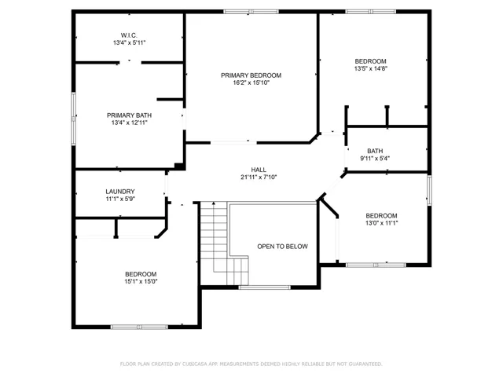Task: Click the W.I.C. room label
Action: coord(129,35)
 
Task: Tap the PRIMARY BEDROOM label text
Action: coord(251,75)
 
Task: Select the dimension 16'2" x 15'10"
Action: coord(251,82)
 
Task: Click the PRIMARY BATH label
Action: coord(129,115)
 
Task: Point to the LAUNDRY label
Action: coord(120,192)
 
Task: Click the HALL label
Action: coord(259,170)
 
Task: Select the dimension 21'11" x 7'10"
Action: coord(259,177)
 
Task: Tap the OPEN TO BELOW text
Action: coord(283,246)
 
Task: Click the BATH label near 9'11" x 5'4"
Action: coord(375,151)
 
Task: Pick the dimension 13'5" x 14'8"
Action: coord(371,68)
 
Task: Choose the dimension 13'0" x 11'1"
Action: coord(381,223)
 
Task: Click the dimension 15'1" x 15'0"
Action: coord(141,281)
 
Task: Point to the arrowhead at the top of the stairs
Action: coord(214,203)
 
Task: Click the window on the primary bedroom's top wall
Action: coord(251,12)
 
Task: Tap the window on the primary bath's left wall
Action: coord(73,119)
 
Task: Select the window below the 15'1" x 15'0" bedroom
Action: coord(139,327)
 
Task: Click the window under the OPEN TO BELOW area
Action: coord(265,287)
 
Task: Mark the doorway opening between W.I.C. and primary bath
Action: coord(130,63)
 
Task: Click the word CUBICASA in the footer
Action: coord(194,364)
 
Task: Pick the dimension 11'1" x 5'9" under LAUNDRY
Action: coord(120,199)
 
